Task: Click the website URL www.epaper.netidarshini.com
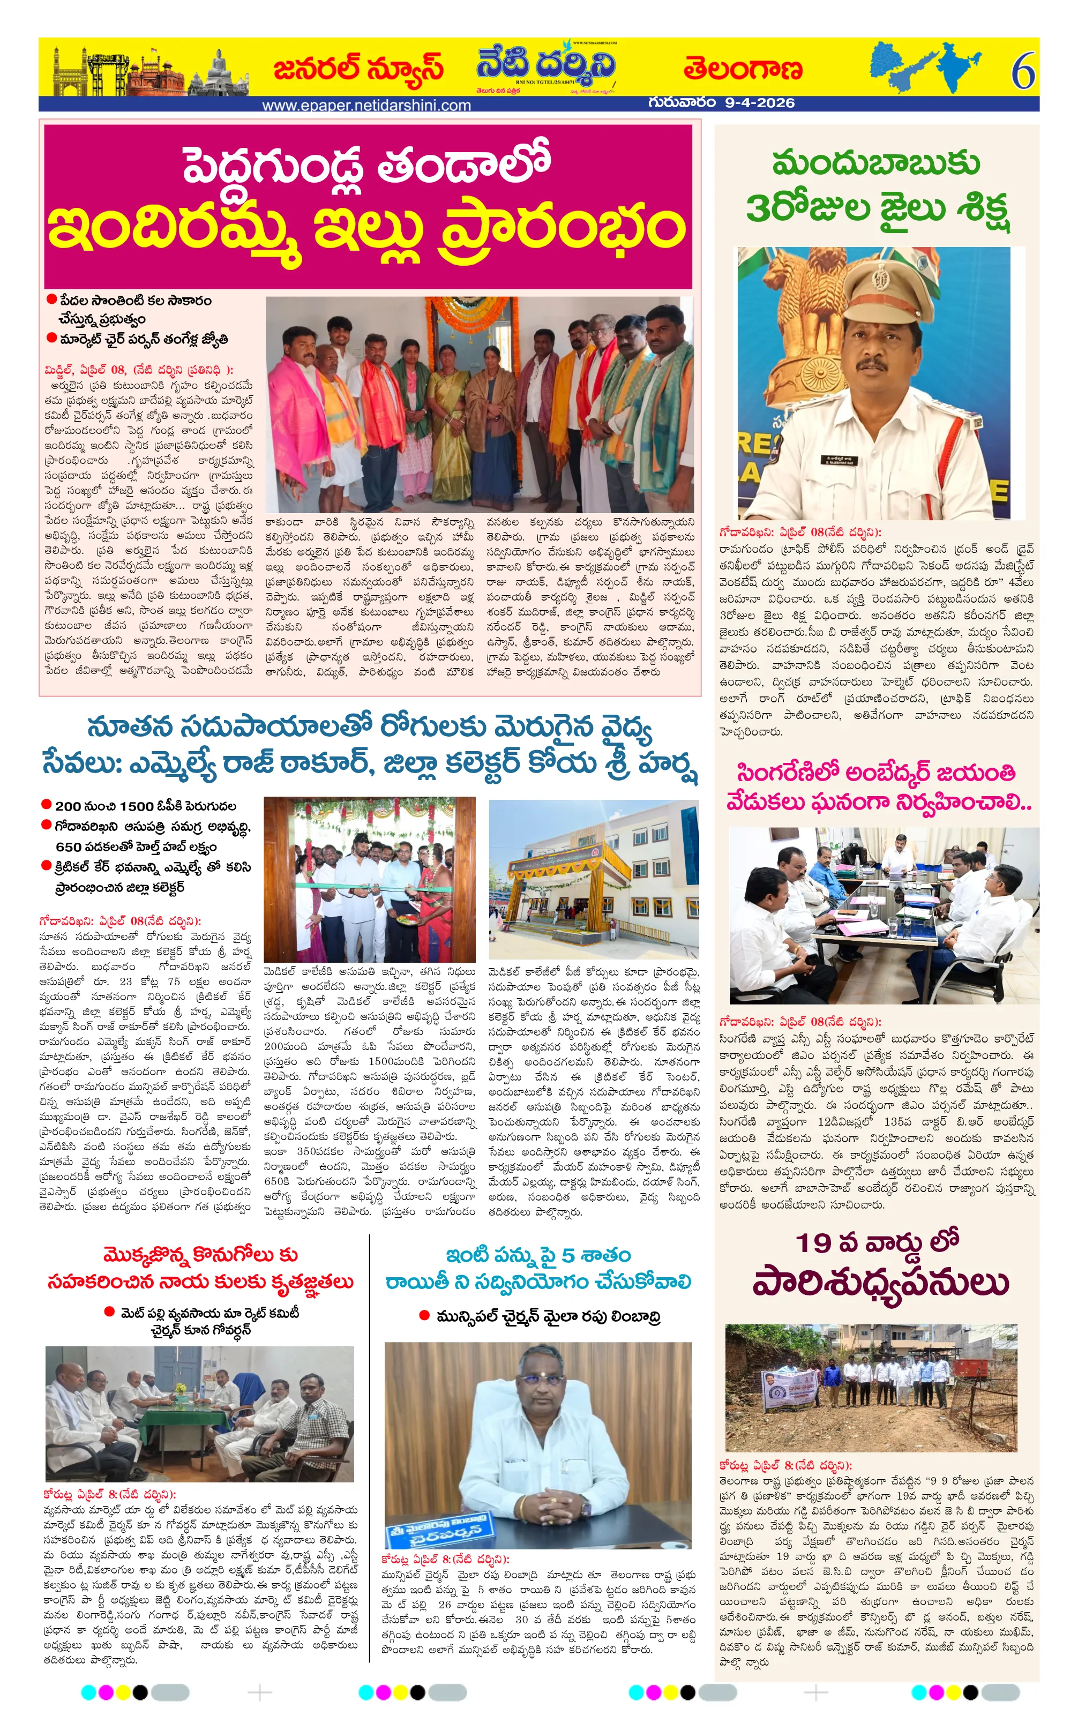click(x=366, y=106)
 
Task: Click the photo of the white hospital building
click(x=594, y=878)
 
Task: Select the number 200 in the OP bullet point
click(x=69, y=806)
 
